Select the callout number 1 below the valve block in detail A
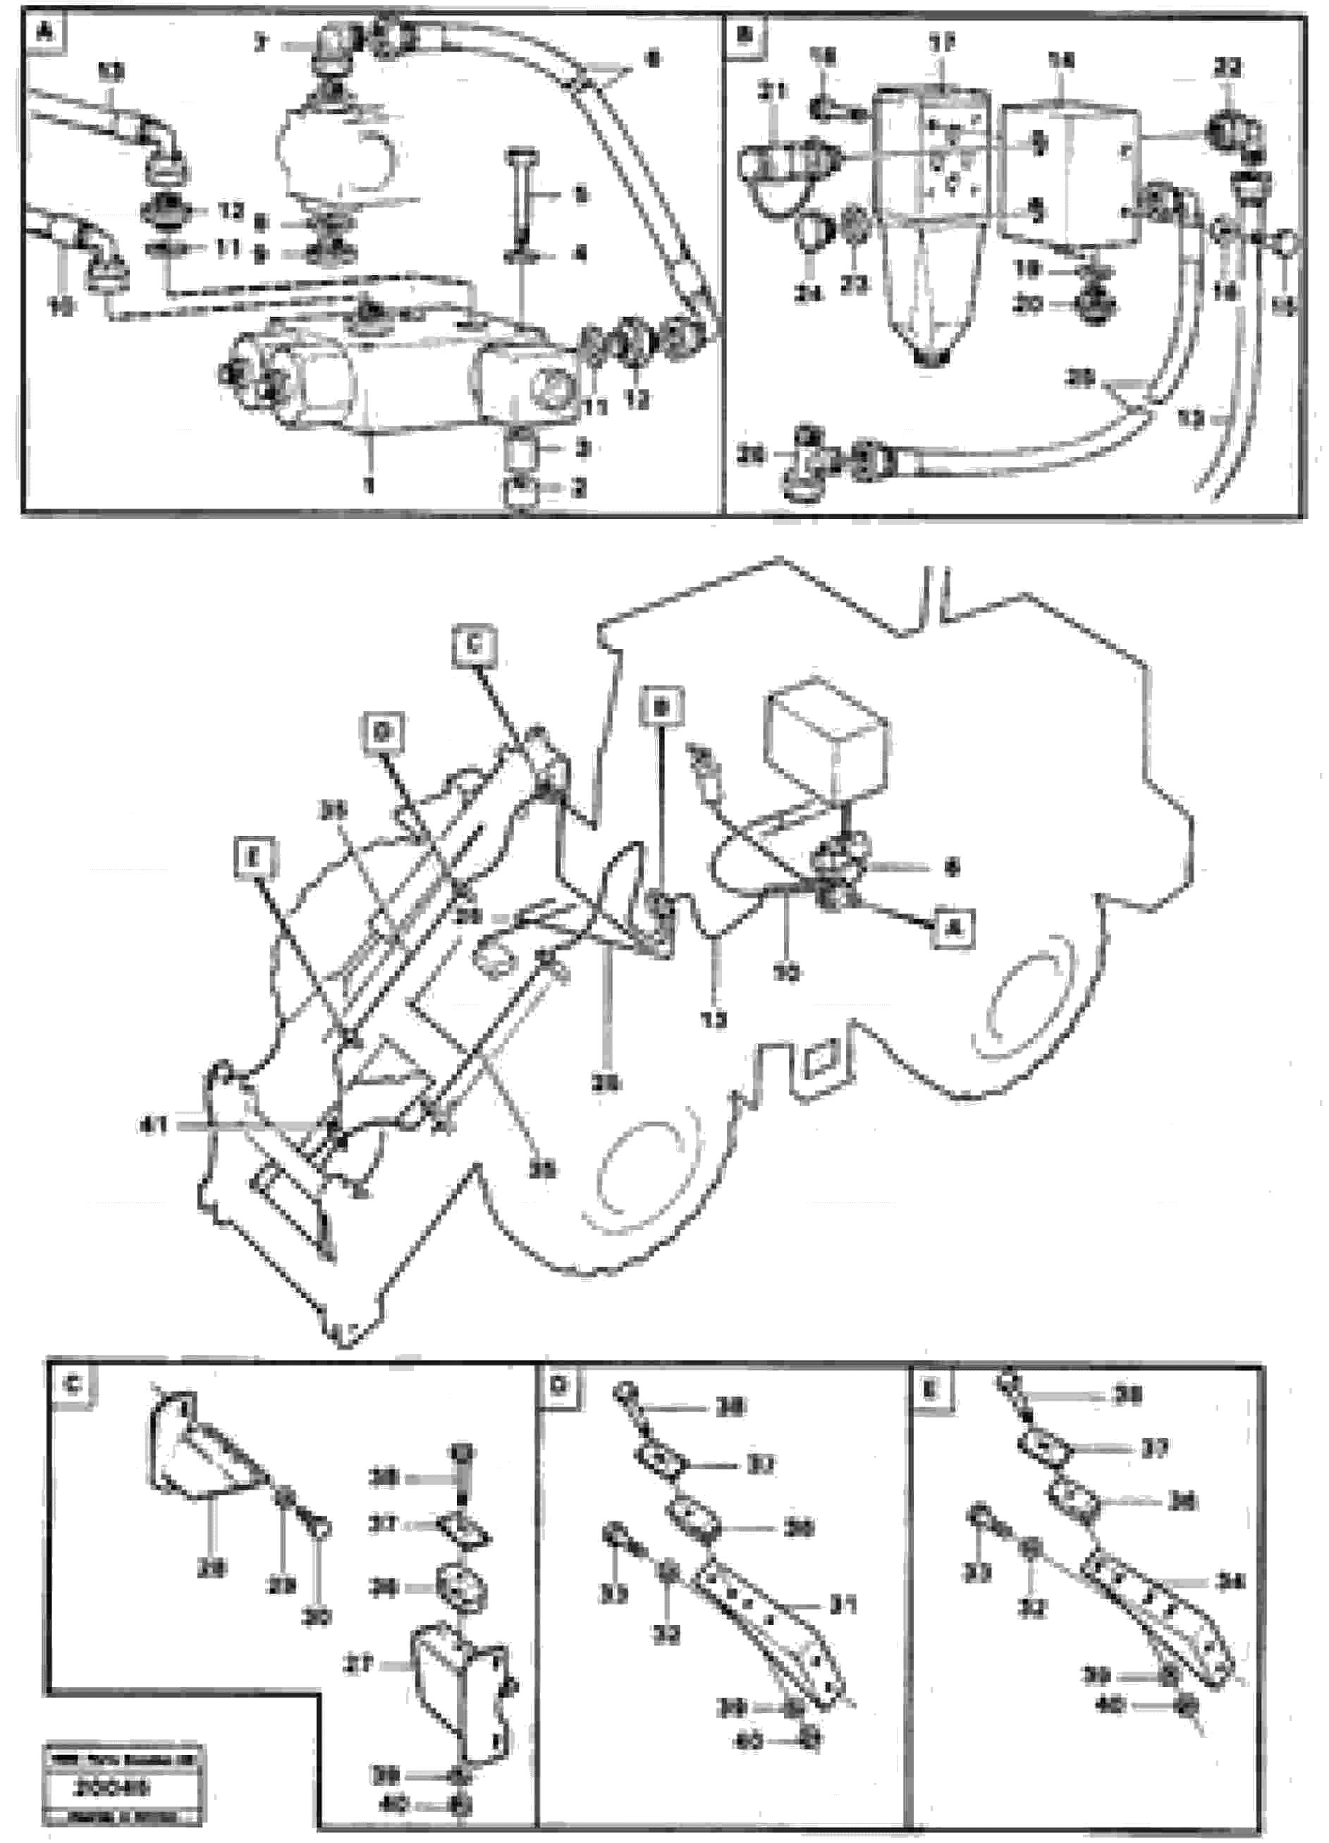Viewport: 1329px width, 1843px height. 370,485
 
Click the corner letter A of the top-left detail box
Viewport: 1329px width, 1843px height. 44,35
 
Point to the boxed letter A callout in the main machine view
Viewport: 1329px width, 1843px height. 954,928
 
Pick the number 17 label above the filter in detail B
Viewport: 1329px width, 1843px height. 943,42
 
